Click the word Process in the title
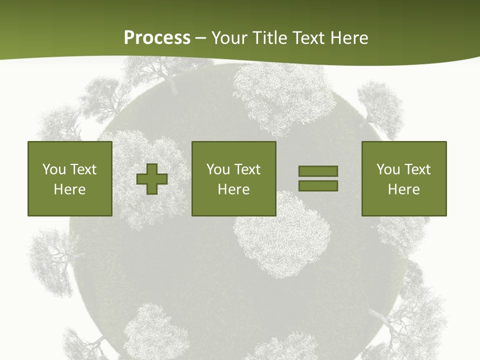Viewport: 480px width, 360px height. click(157, 38)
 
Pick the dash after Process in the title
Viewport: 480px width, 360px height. click(201, 38)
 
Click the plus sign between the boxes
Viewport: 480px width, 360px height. click(152, 179)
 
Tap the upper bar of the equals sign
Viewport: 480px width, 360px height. click(318, 171)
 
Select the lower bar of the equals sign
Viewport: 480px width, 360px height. click(318, 186)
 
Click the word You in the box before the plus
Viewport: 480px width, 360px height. click(54, 169)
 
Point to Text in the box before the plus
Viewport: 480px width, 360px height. click(83, 169)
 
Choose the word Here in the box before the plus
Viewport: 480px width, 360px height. click(69, 189)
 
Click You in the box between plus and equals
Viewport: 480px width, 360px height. click(218, 169)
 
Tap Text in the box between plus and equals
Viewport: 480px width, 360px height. click(247, 169)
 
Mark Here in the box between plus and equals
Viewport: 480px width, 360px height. click(233, 189)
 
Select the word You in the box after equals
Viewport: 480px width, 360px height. click(388, 169)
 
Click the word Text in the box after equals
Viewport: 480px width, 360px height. click(417, 169)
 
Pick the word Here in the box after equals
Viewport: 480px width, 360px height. click(403, 189)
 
